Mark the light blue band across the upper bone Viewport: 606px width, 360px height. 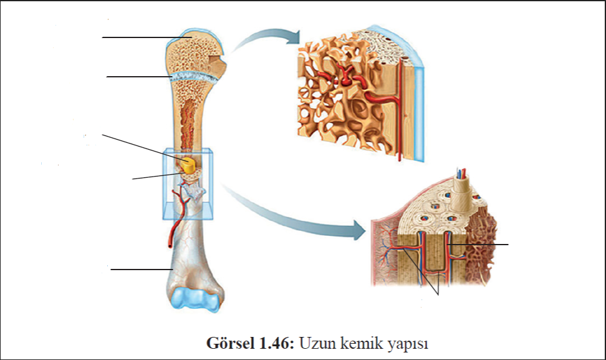193,77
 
